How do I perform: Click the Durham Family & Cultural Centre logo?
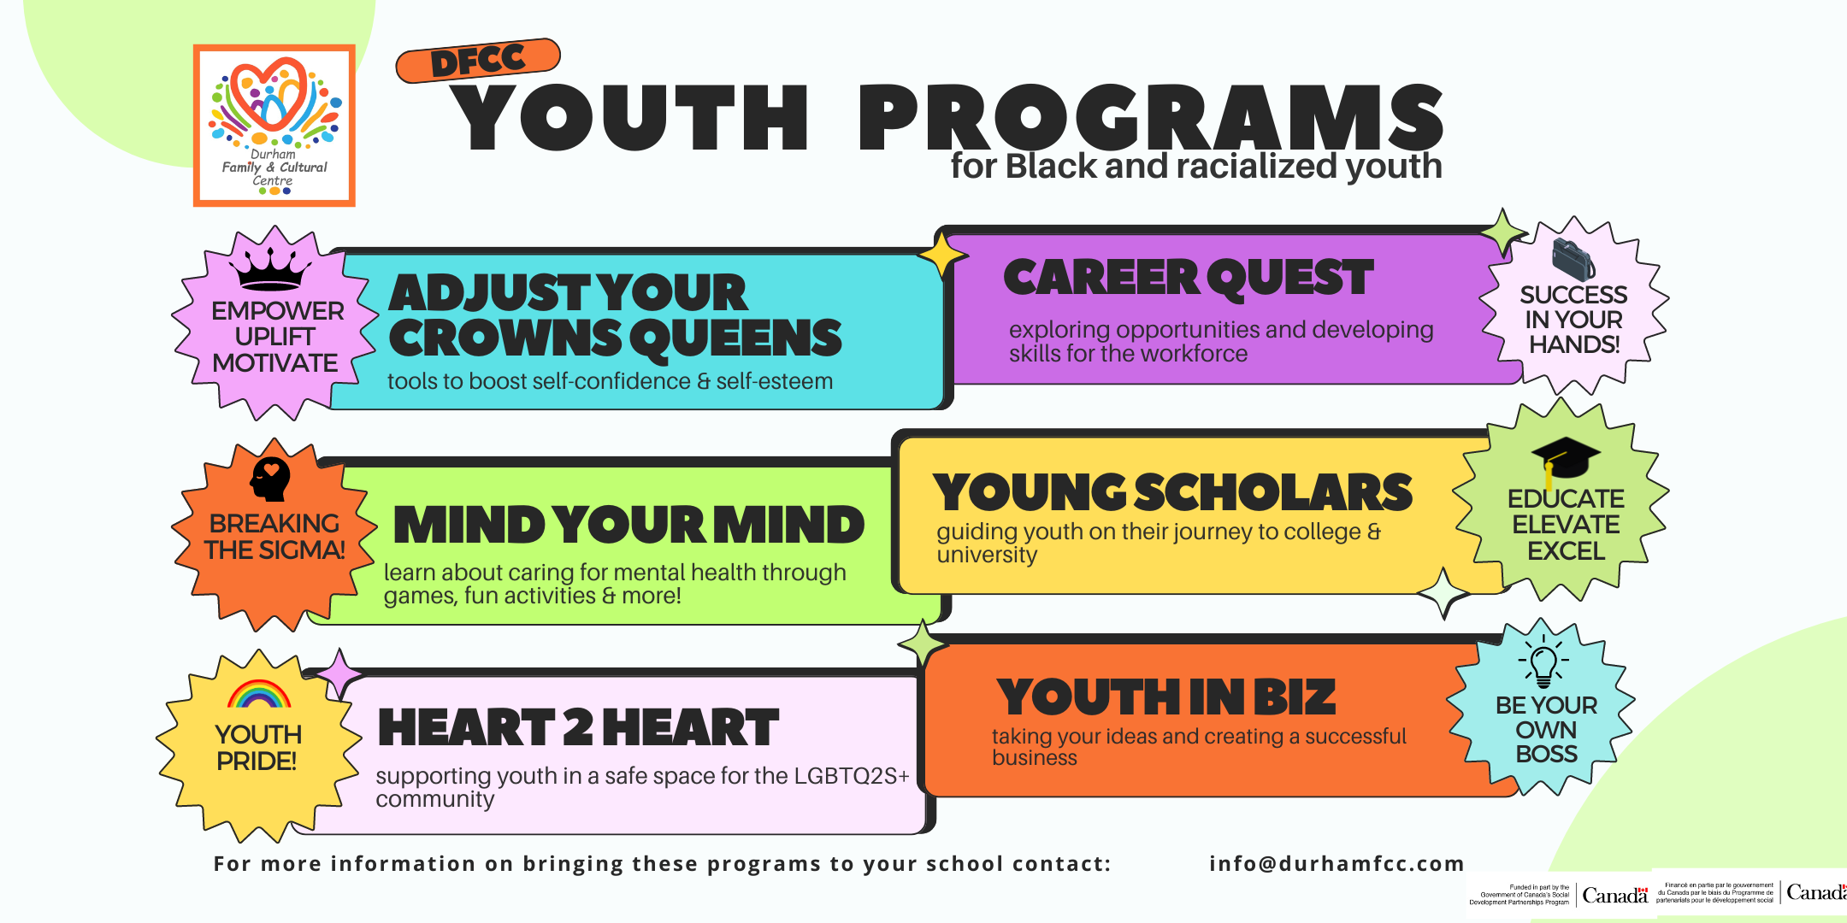pos(274,126)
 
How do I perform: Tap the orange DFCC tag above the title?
pos(478,61)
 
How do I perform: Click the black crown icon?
pos(270,269)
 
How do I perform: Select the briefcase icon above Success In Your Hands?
pos(1573,259)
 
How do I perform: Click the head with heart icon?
pos(270,479)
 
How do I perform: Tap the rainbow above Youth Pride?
pos(259,694)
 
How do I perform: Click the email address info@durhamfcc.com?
pos(1336,864)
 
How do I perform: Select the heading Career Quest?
pos(1189,279)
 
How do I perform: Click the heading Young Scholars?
pos(1172,492)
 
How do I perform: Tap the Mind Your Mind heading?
pos(628,525)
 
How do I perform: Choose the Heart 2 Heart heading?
pos(578,727)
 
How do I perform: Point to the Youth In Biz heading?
pos(1165,697)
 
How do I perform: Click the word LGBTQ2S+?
pos(851,776)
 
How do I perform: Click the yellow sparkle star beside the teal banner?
pos(942,254)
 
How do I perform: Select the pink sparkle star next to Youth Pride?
pos(339,673)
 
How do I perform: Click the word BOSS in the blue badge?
pos(1546,755)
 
